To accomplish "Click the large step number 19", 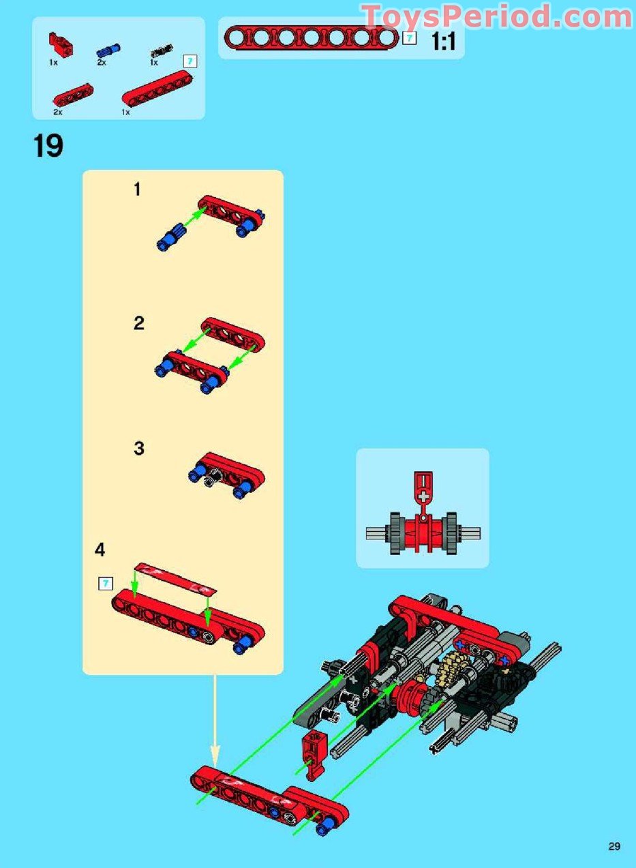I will [x=48, y=146].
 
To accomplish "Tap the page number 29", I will [x=614, y=847].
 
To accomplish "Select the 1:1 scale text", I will [x=443, y=42].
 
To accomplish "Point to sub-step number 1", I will [x=137, y=190].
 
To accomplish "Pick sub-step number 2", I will [x=138, y=323].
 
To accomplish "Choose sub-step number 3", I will [x=139, y=449].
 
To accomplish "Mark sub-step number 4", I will [x=100, y=550].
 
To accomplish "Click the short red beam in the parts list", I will [x=73, y=95].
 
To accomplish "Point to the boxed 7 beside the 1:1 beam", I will [x=409, y=38].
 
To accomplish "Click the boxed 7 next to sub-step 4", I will [x=105, y=583].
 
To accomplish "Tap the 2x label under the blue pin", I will [x=102, y=62].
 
